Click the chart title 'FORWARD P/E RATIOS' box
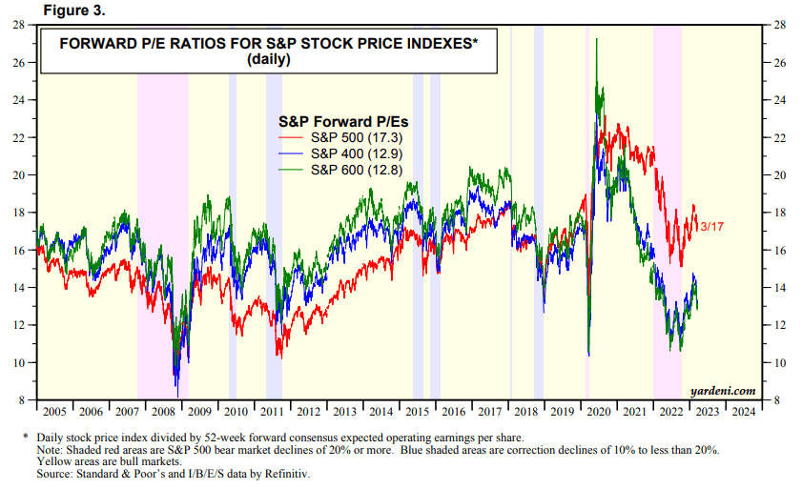tap(268, 51)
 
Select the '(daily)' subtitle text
tap(268, 59)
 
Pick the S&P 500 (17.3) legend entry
tap(354, 138)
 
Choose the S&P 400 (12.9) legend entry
tap(354, 153)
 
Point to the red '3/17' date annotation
tap(711, 226)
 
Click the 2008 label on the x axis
tap(164, 412)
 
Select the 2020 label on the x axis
tap(598, 412)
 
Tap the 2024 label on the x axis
tap(742, 412)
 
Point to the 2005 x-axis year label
tap(55, 412)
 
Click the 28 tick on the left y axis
tap(19, 26)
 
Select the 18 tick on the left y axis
tap(19, 213)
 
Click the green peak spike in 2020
tap(597, 40)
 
